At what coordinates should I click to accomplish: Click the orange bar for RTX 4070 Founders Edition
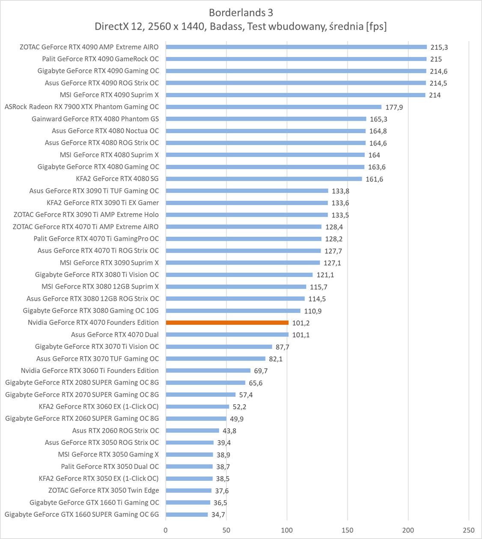(227, 322)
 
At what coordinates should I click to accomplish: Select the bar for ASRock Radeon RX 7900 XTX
(273, 107)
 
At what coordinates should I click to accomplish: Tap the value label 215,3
(439, 47)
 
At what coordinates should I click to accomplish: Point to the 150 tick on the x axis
(348, 530)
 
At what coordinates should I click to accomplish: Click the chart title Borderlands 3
(241, 12)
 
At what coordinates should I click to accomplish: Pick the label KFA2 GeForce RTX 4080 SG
(117, 179)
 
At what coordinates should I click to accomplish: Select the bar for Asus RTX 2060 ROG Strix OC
(192, 431)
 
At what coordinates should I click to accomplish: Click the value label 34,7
(218, 515)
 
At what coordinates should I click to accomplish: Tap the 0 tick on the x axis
(166, 530)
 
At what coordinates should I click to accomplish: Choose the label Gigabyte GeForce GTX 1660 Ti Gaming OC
(94, 503)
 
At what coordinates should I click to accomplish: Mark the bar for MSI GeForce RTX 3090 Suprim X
(243, 263)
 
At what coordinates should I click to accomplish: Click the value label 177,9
(394, 107)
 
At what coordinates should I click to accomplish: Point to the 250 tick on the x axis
(469, 530)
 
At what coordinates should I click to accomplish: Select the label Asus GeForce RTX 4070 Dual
(115, 335)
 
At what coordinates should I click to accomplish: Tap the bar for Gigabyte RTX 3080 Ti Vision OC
(239, 275)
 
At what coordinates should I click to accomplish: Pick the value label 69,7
(261, 371)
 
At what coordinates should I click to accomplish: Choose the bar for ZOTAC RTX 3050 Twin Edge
(188, 491)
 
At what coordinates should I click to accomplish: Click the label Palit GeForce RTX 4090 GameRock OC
(100, 59)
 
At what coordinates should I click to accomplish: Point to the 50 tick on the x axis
(226, 530)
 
